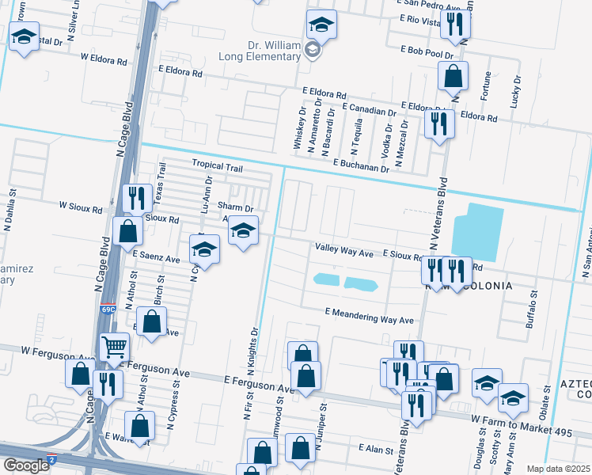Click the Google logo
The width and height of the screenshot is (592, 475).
pos(26,465)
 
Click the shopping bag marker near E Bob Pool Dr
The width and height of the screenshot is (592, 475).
pos(453,77)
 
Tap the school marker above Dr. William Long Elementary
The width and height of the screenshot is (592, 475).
pos(321,25)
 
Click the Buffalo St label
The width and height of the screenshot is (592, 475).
pos(532,308)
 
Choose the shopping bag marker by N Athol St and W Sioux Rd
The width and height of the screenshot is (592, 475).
pos(127,232)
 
